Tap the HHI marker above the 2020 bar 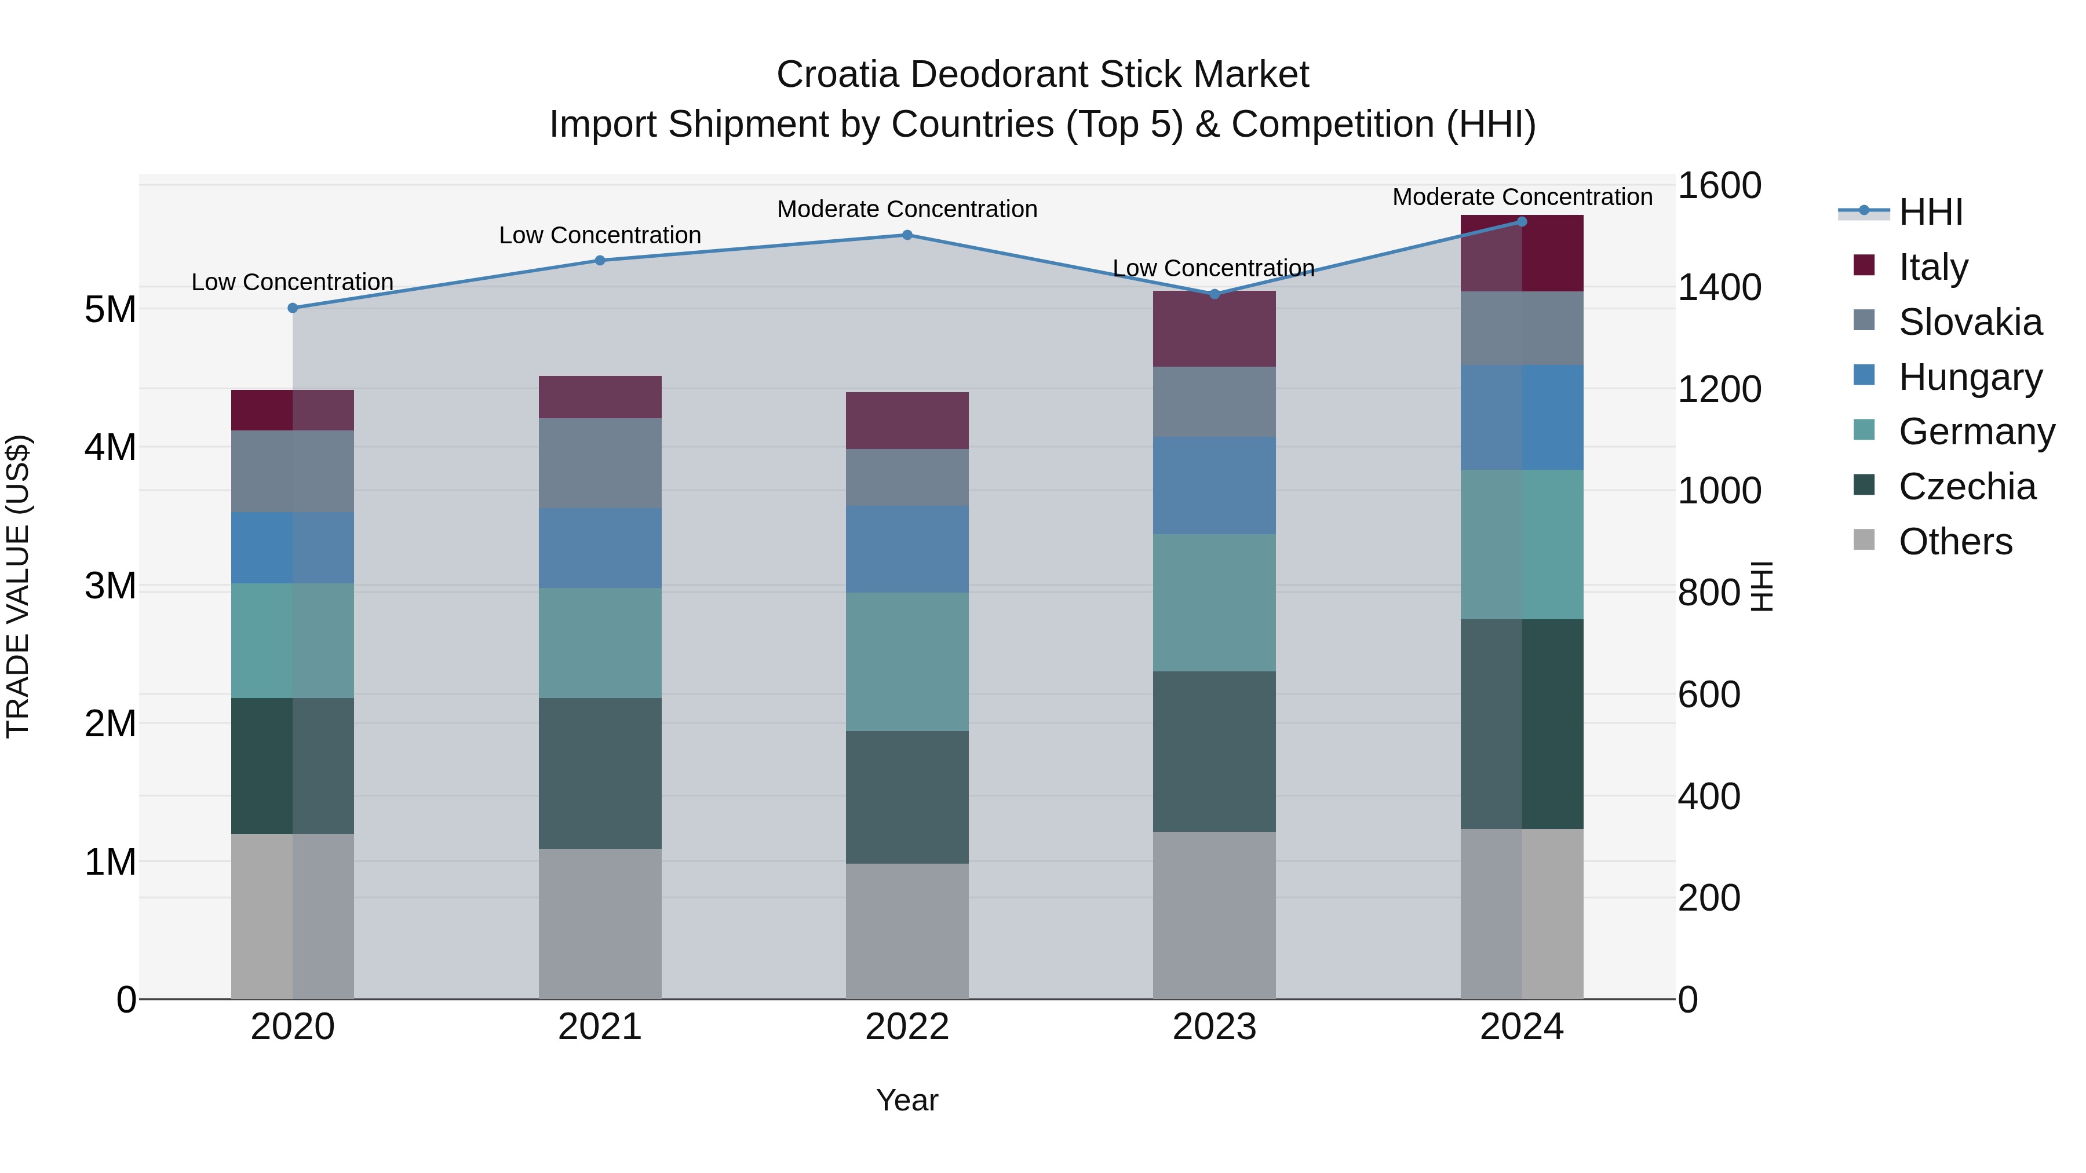293,308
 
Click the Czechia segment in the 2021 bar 600,773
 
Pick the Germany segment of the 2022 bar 907,662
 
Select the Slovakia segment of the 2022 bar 907,478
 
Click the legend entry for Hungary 1970,377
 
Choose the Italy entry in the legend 1933,267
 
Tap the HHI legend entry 1930,212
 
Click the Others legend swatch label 1955,542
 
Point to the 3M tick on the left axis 110,585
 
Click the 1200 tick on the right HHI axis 1719,389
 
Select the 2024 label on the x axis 1522,1027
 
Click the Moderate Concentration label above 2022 907,209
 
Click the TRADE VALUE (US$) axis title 18,586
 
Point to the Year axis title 907,1100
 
